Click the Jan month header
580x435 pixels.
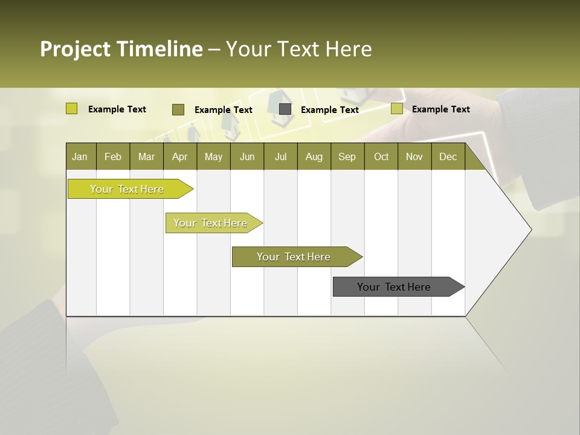coord(80,156)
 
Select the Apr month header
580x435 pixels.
coord(179,156)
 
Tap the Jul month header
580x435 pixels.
coord(280,156)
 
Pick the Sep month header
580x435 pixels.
coord(347,156)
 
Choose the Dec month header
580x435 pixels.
coord(448,156)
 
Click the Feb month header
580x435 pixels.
coord(113,156)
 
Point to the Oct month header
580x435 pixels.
coord(381,156)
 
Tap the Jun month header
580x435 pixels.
coord(247,156)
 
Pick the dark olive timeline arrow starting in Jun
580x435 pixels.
coord(294,257)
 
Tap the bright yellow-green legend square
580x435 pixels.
coord(71,109)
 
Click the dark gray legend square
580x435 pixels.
coord(285,109)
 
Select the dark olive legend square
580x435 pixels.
coord(178,109)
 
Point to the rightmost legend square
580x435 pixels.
coord(396,109)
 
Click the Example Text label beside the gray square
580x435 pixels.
coord(329,110)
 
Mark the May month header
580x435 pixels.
coord(213,156)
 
